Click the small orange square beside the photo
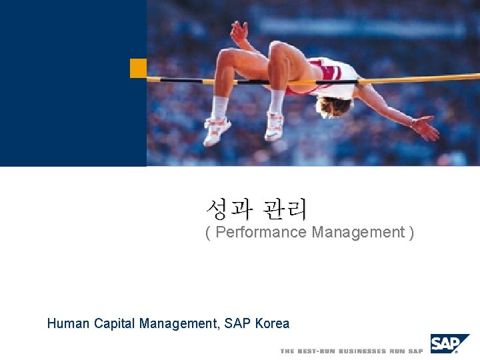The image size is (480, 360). click(x=138, y=68)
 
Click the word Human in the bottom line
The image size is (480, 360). click(x=69, y=324)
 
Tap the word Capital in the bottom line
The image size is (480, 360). click(x=114, y=324)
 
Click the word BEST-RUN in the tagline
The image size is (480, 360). click(x=317, y=351)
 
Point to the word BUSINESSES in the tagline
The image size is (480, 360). click(x=363, y=351)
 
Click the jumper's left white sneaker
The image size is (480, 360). click(x=217, y=130)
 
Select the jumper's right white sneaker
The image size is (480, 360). click(x=274, y=126)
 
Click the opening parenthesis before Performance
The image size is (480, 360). click(x=208, y=233)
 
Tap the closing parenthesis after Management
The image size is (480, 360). click(x=411, y=233)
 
